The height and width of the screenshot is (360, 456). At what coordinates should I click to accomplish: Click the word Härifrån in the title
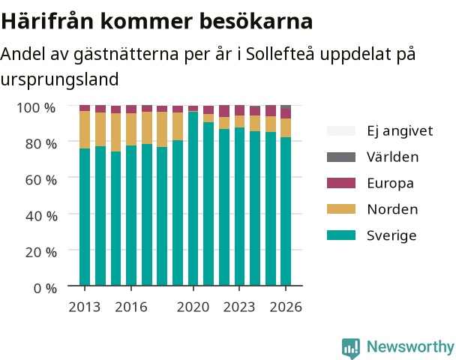click(x=48, y=21)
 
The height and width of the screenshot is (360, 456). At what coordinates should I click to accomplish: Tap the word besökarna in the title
click(x=256, y=21)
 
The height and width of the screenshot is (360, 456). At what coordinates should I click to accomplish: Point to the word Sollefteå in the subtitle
click(x=280, y=54)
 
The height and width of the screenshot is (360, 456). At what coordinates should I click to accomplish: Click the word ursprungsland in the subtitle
click(x=59, y=79)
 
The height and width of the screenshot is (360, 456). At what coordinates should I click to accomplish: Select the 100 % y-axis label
click(x=36, y=107)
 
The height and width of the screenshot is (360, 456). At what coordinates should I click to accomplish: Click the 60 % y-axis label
click(x=41, y=180)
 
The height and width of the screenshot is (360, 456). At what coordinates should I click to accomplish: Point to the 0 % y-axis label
click(x=45, y=289)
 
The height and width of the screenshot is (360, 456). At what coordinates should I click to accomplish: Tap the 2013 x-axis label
click(x=84, y=307)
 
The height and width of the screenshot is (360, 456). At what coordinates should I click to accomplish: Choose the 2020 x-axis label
click(x=193, y=307)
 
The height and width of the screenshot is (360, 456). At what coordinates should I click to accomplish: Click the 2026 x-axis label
click(x=286, y=307)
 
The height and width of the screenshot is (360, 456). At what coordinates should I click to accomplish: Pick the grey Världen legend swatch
click(x=341, y=157)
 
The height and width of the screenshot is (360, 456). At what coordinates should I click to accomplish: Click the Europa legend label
click(x=390, y=183)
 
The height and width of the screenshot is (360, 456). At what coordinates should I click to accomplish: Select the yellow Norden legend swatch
click(x=341, y=209)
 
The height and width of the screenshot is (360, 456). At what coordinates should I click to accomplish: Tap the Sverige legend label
click(x=391, y=235)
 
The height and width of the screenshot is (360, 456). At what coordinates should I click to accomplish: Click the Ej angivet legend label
click(x=400, y=130)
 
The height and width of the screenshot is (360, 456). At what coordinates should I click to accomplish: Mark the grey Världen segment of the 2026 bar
click(x=286, y=107)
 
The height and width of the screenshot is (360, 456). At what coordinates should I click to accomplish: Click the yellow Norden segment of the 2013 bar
click(x=85, y=130)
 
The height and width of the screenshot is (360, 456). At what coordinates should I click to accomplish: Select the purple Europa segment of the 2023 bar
click(x=240, y=110)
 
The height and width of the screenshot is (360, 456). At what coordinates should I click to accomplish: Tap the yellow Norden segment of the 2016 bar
click(x=131, y=130)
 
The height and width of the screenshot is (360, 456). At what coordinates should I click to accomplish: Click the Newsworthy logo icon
click(x=351, y=348)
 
